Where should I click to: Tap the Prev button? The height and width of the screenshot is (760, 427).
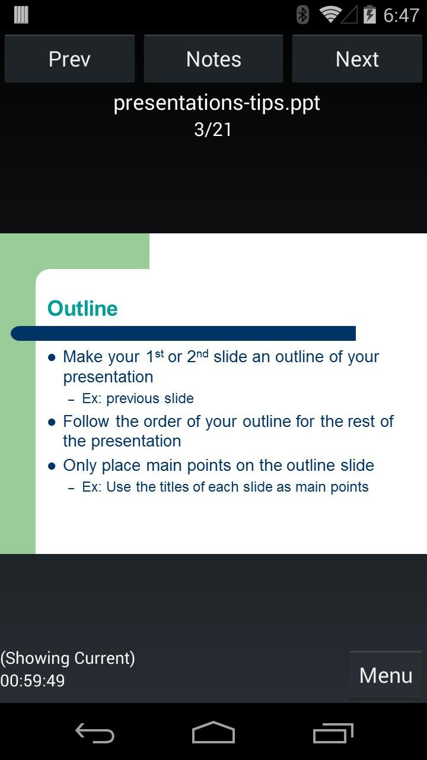69,59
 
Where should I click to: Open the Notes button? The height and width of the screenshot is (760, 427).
213,59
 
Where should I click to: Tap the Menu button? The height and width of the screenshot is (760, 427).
386,675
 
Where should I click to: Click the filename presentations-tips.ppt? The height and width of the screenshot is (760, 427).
216,103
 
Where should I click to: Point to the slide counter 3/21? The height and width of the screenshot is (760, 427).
213,129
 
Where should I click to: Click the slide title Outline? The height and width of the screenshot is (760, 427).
82,308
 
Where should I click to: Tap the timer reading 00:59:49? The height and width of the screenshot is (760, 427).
32,680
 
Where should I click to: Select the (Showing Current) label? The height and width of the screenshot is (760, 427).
68,658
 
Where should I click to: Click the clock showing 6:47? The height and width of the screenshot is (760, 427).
401,15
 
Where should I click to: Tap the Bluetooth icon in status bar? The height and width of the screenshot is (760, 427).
302,15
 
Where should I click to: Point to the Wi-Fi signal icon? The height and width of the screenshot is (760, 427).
330,15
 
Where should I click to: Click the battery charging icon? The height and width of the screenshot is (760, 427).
369,15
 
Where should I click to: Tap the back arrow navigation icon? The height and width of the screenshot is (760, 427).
94,733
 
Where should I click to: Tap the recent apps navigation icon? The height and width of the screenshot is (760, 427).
333,733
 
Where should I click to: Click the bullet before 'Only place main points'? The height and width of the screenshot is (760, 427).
52,466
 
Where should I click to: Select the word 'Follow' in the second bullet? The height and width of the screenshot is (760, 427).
86,422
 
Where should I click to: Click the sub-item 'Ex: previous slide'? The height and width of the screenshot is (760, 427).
138,398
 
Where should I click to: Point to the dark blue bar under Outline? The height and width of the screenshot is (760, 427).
183,333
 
